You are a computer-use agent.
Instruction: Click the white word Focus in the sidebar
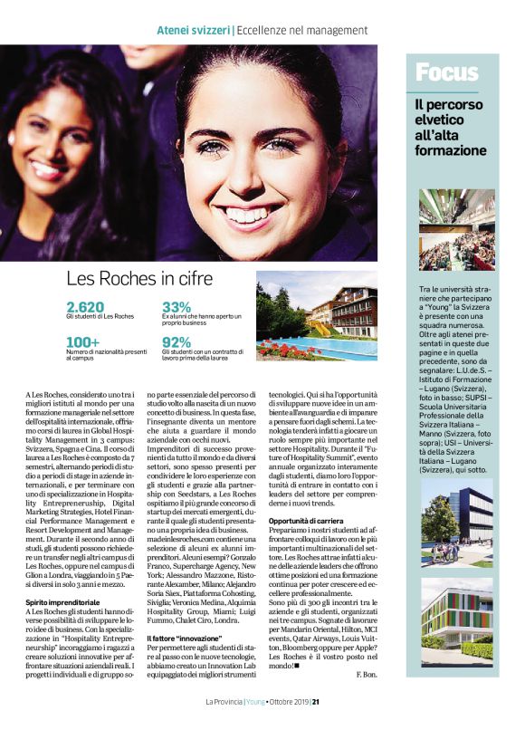pyautogui.click(x=447, y=72)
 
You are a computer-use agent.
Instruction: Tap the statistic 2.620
pyautogui.click(x=86, y=307)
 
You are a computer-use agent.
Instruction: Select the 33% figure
pyautogui.click(x=177, y=307)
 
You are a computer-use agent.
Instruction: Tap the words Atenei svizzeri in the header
pyautogui.click(x=193, y=31)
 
